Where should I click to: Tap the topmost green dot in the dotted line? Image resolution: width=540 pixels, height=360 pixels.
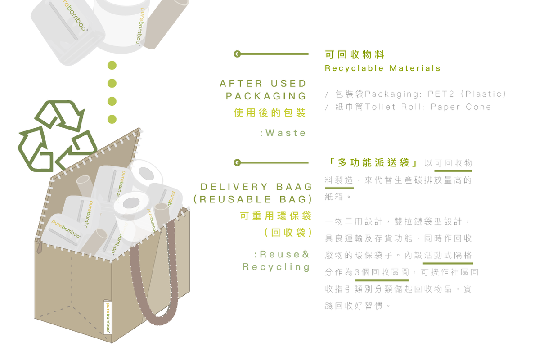[x=112, y=65]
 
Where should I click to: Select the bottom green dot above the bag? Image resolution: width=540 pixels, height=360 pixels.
[x=112, y=119]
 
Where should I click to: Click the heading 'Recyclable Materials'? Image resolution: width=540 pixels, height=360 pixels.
[x=382, y=68]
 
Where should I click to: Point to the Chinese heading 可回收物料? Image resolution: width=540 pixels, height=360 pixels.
[x=355, y=55]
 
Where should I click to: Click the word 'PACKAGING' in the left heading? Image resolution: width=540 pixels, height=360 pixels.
[x=266, y=96]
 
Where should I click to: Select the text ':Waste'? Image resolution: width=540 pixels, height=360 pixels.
[x=283, y=133]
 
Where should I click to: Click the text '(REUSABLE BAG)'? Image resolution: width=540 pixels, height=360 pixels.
[x=253, y=199]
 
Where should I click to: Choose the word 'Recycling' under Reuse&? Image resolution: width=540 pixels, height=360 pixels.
[x=276, y=267]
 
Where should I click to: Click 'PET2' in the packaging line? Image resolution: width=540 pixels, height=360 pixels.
[x=441, y=94]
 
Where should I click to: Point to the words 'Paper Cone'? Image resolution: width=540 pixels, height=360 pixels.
[x=461, y=107]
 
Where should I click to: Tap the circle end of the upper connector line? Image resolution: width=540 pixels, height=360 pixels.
[x=237, y=54]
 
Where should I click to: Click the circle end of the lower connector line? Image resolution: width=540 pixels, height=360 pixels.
[x=237, y=163]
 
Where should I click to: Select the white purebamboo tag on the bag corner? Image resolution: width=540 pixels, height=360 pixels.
[x=108, y=317]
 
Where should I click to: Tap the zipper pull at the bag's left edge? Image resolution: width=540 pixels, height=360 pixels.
[x=39, y=247]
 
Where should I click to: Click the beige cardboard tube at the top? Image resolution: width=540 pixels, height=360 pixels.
[x=166, y=24]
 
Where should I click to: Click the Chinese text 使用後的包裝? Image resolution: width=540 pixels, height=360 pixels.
[x=270, y=113]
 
